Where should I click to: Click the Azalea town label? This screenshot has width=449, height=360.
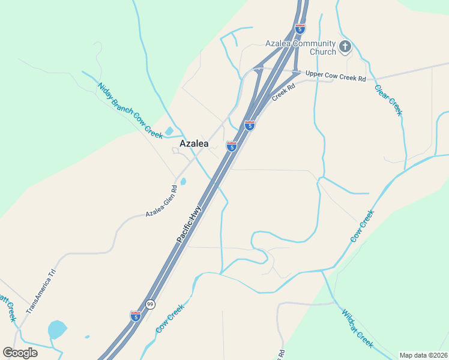[x=194, y=144]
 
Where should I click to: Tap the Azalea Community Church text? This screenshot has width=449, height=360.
[x=301, y=47]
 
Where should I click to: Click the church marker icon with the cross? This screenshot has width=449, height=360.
[x=345, y=46]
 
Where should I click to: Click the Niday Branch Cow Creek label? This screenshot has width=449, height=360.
[x=130, y=109]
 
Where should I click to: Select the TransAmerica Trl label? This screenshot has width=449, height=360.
[x=41, y=292]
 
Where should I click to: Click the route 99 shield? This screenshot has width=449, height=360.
[x=150, y=304]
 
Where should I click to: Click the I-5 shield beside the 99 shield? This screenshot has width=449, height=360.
[x=136, y=316]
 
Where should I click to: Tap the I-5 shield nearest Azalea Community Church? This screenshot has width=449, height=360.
[x=300, y=28]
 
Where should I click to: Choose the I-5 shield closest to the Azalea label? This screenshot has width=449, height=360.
[x=231, y=146]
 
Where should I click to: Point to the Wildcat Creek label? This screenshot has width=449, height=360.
[x=357, y=328]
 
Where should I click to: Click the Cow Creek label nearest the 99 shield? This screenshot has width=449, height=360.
[x=169, y=319]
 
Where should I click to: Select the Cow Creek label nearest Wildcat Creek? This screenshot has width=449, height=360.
[x=362, y=226]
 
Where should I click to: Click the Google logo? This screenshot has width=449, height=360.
[x=20, y=353]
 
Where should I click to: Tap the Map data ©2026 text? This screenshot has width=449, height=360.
[x=423, y=355]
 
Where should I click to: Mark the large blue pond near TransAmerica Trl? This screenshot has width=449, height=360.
[x=56, y=329]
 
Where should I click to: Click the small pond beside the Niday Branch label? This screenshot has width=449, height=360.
[x=169, y=131]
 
